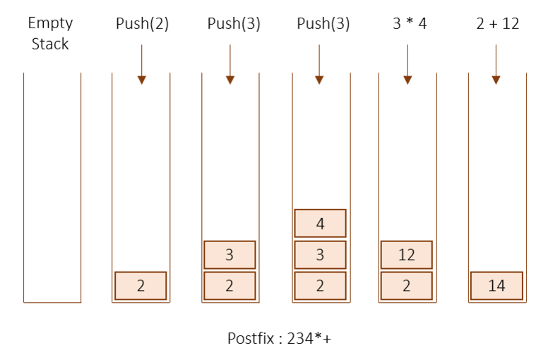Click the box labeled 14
point(496,286)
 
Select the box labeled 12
point(407,255)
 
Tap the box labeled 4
point(320,224)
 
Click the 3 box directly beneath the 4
point(320,255)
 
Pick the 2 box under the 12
point(407,286)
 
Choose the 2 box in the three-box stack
point(320,286)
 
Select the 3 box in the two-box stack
point(230,255)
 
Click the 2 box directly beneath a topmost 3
point(230,286)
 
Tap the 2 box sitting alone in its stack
point(141,286)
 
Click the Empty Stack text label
point(51,32)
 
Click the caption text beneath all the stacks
point(280,339)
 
